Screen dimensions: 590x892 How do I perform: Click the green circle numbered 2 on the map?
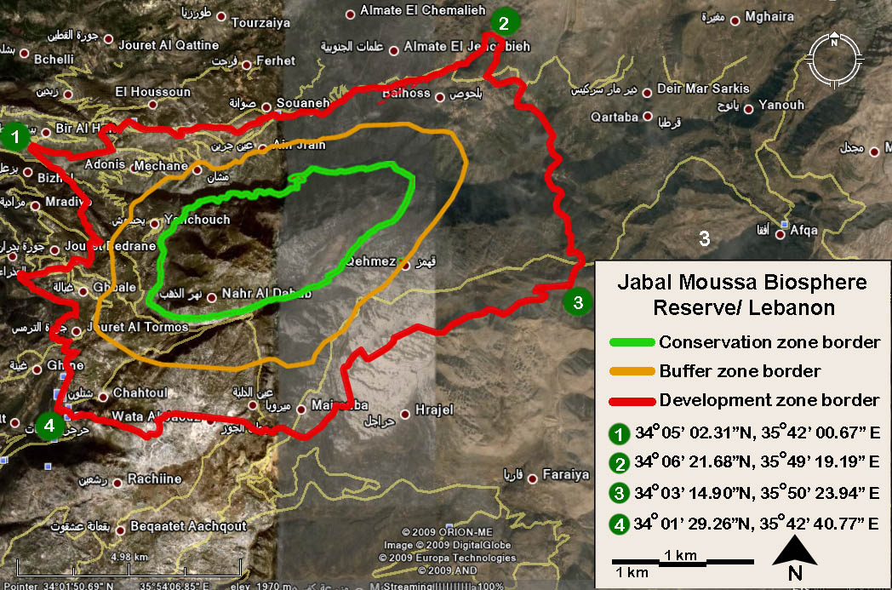tap(504, 22)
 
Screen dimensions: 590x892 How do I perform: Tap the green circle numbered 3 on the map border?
tap(578, 301)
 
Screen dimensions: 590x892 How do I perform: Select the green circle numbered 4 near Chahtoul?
tap(49, 427)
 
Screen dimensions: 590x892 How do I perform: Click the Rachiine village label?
tap(154, 479)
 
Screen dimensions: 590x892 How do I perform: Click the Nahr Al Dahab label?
tap(266, 293)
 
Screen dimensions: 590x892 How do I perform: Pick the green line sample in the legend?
tap(632, 343)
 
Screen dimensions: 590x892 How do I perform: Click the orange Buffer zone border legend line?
tap(632, 372)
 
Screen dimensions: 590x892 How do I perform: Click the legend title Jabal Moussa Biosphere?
tap(742, 282)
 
